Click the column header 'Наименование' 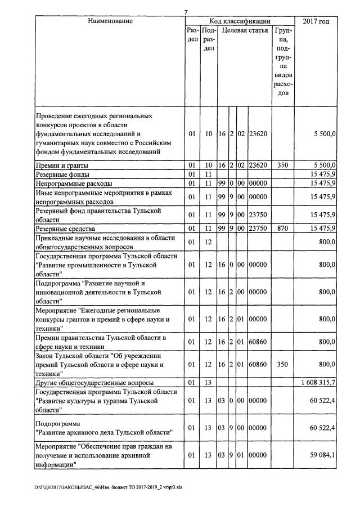(110, 21)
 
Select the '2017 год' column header (316, 21)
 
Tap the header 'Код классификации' (240, 21)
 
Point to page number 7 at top (186, 12)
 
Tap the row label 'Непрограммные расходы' (73, 183)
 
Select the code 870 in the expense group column (283, 229)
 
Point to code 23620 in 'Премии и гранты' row (259, 165)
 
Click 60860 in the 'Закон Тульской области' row (259, 364)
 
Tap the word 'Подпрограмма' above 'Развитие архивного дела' (58, 422)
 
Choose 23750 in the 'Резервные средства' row (259, 229)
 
